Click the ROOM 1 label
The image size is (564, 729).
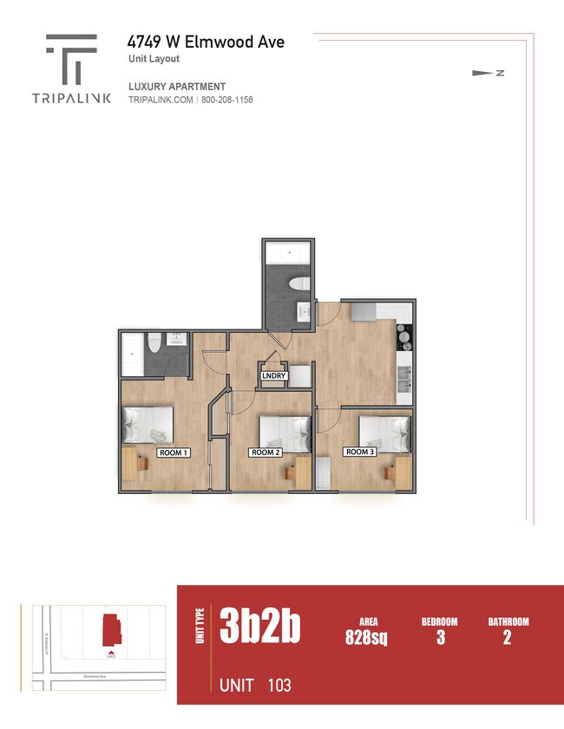point(173,452)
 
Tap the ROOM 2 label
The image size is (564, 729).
point(266,452)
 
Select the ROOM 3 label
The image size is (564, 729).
point(359,452)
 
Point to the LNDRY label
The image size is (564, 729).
point(273,376)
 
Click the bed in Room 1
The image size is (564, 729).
point(148,425)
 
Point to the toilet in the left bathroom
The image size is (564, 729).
point(154,343)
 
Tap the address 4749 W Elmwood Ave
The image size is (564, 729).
point(206,42)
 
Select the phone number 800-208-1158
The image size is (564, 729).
point(226,101)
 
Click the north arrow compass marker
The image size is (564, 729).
point(482,73)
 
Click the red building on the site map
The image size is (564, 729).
point(111,628)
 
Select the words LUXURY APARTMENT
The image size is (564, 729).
point(177,87)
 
